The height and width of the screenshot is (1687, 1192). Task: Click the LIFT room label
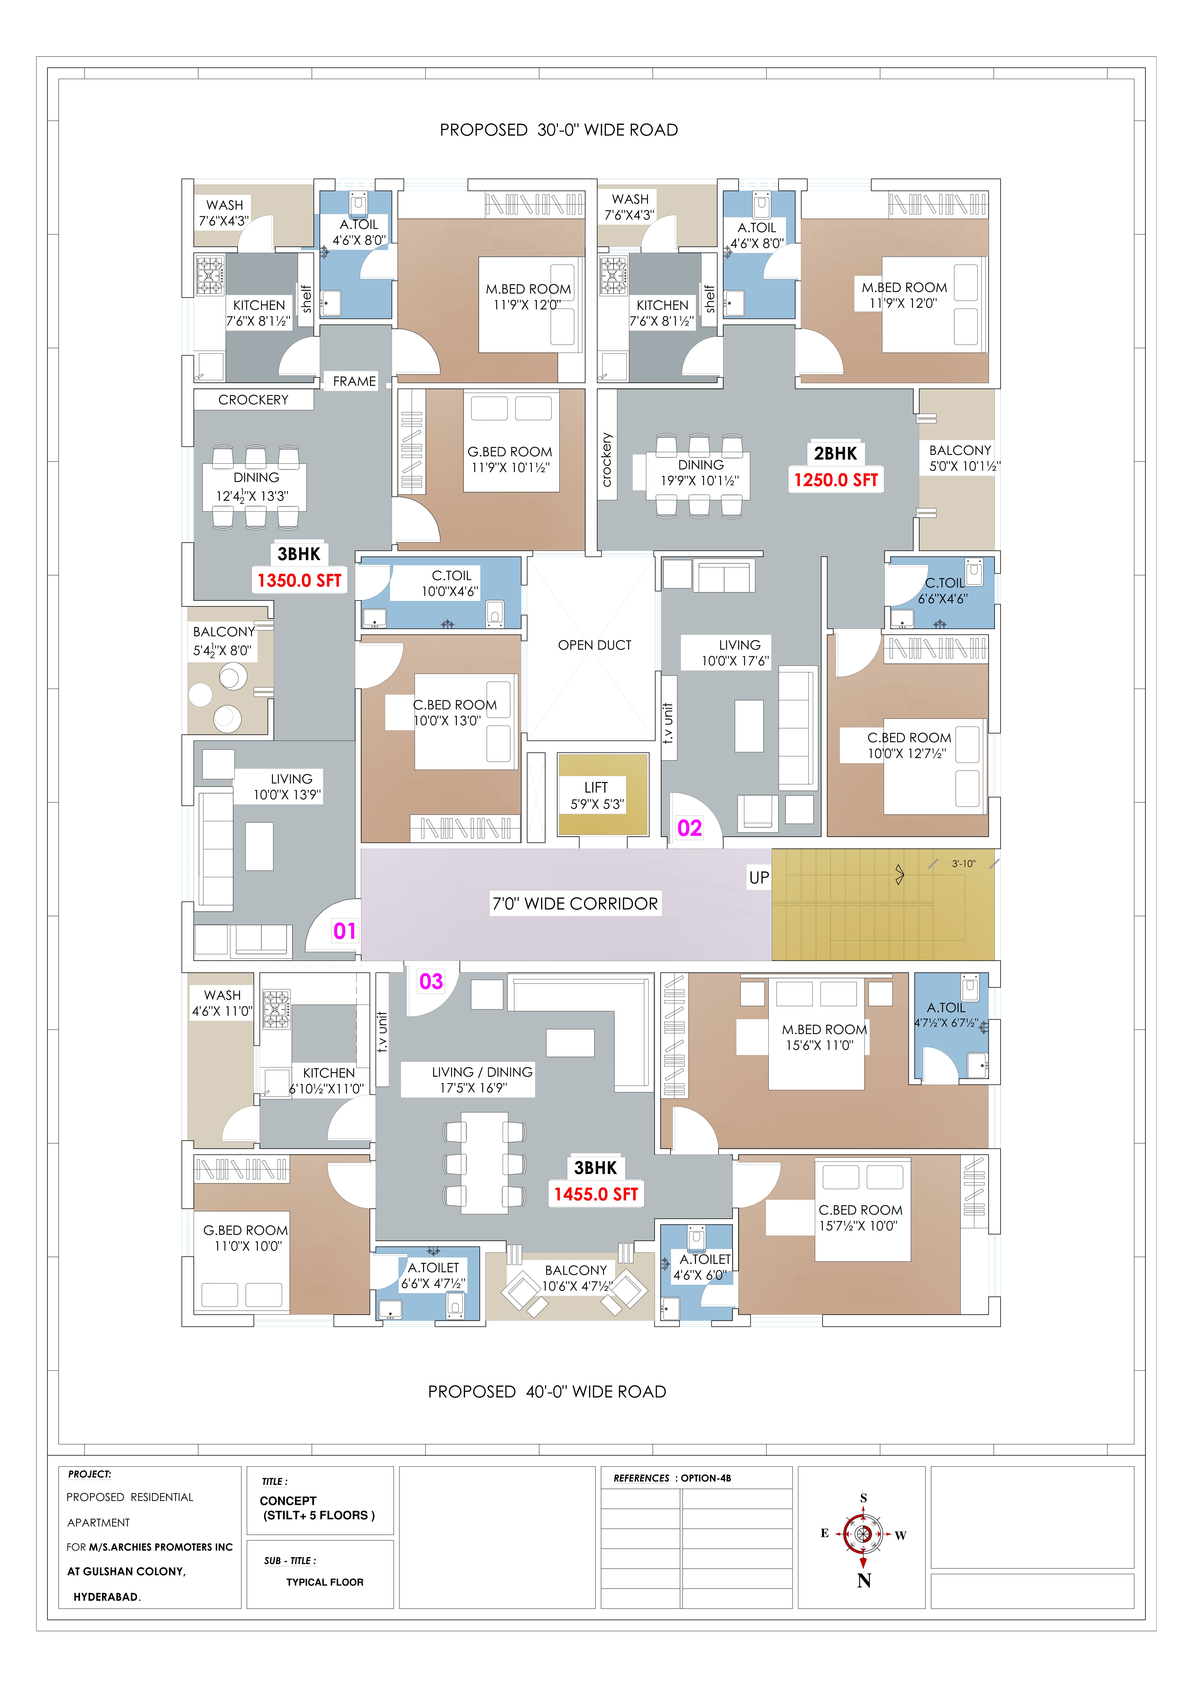click(x=596, y=788)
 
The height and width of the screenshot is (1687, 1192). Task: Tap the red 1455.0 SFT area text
click(x=596, y=1194)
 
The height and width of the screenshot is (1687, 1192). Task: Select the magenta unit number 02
click(x=689, y=828)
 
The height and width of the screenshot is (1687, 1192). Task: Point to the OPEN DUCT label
click(x=594, y=645)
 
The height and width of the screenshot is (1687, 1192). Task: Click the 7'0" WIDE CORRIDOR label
click(x=575, y=904)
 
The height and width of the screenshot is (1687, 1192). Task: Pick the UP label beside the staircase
click(x=759, y=877)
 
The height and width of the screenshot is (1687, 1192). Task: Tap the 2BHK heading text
click(x=836, y=453)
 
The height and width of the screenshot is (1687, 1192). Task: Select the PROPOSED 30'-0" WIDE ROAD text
click(x=559, y=130)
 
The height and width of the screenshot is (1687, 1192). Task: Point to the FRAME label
click(x=354, y=381)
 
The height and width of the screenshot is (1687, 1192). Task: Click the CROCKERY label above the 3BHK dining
click(x=254, y=400)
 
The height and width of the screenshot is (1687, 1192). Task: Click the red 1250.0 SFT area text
click(x=836, y=480)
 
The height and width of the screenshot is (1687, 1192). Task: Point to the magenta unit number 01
click(x=345, y=931)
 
